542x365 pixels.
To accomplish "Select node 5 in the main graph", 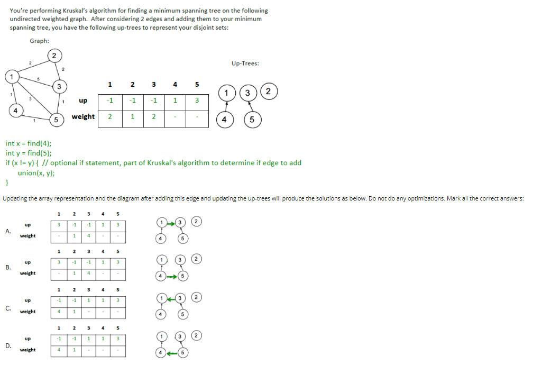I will click(x=56, y=120).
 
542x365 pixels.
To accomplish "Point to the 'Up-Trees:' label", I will click(x=245, y=63).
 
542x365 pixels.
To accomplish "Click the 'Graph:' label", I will click(x=40, y=41).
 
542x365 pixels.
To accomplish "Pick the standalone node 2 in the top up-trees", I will click(x=269, y=92).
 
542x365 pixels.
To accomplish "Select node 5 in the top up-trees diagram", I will click(x=252, y=120).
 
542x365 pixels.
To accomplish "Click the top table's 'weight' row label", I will click(x=83, y=116).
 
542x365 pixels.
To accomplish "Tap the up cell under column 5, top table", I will click(x=196, y=100).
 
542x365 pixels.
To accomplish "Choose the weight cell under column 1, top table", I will click(x=109, y=116).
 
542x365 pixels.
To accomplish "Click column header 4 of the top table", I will click(x=174, y=84).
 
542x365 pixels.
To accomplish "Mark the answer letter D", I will click(x=7, y=345).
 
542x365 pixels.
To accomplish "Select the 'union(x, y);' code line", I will click(x=36, y=172).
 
